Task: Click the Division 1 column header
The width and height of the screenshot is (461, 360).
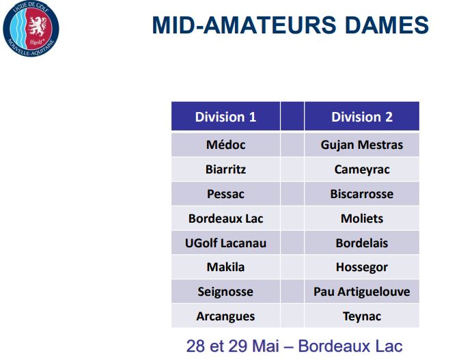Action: point(225,116)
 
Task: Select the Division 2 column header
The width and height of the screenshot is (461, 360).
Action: point(362,116)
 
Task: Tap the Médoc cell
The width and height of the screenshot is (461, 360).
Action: point(225,145)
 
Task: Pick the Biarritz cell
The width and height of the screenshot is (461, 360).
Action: point(225,169)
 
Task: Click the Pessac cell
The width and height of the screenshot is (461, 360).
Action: point(225,194)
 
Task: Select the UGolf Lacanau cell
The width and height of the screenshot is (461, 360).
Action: point(225,243)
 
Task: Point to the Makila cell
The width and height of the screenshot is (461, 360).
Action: point(225,267)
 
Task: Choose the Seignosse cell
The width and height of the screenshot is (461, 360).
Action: point(225,292)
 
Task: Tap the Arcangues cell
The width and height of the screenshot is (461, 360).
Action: point(225,316)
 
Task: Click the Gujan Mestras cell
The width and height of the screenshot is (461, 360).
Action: point(362,145)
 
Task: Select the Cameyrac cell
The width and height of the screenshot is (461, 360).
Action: point(362,169)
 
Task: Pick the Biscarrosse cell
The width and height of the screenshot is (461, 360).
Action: point(362,194)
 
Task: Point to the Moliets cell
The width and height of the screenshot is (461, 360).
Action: point(362,218)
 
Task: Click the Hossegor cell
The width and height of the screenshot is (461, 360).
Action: point(362,267)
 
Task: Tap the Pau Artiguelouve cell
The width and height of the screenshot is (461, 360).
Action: point(362,292)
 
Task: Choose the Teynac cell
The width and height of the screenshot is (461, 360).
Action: point(362,316)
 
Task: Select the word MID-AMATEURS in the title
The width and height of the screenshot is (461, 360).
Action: point(244,25)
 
